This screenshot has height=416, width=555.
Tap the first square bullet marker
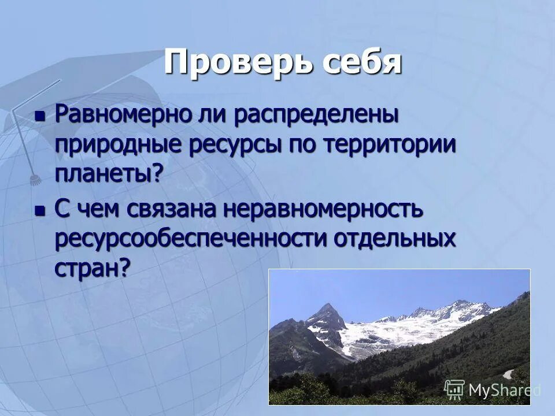click(39, 115)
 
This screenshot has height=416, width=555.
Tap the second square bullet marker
click(39, 211)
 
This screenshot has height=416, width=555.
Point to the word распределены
click(316, 114)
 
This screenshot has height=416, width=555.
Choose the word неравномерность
click(323, 210)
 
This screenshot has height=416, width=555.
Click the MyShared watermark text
click(503, 391)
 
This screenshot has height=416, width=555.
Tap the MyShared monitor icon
click(455, 390)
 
